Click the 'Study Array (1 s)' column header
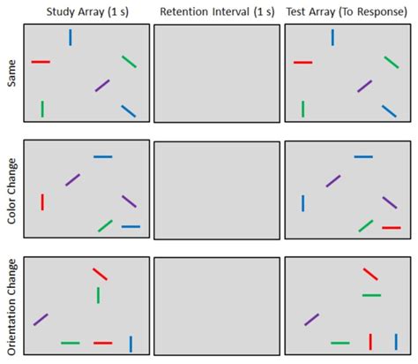click(86, 11)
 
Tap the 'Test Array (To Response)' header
click(347, 11)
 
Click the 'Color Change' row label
click(11, 191)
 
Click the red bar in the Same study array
click(41, 62)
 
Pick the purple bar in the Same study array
click(102, 86)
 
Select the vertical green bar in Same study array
click(41, 109)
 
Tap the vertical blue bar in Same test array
click(332, 37)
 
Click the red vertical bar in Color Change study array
click(41, 201)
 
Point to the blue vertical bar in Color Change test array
click(302, 203)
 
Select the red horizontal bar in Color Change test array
click(391, 227)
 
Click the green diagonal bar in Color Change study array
click(105, 225)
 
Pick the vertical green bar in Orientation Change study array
click(98, 295)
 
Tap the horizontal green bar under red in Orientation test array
click(371, 295)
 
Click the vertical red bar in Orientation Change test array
click(370, 341)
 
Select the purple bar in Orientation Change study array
click(41, 319)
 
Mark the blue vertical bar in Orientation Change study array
click(131, 343)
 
